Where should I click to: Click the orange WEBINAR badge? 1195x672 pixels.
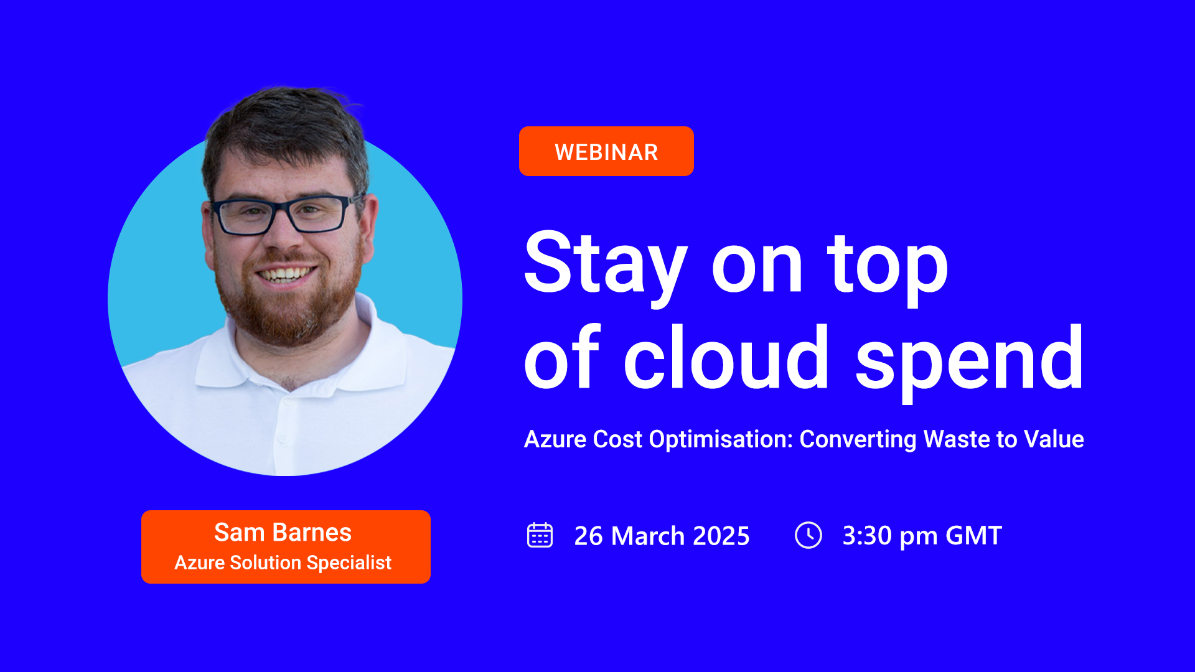[x=606, y=151]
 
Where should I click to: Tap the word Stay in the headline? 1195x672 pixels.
[x=605, y=264]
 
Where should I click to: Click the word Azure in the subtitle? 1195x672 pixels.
[x=555, y=439]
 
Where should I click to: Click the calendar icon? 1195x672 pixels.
[x=540, y=535]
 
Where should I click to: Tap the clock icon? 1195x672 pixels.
[x=808, y=535]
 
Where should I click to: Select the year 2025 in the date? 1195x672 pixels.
[x=721, y=536]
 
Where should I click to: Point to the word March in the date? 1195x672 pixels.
[x=648, y=536]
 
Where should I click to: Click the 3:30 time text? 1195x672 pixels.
[x=867, y=536]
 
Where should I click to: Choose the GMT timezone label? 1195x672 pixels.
[x=973, y=536]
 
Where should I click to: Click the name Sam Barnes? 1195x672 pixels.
[x=283, y=533]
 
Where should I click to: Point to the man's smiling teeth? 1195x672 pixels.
[x=286, y=274]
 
